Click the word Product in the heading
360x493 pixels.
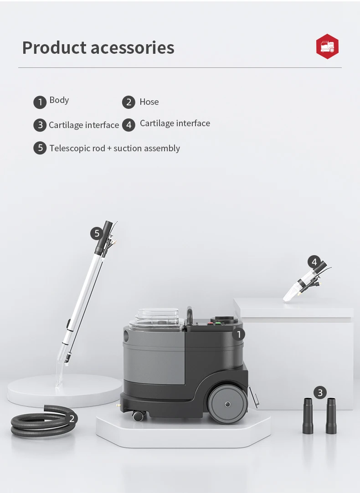point(54,48)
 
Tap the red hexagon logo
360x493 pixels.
point(327,46)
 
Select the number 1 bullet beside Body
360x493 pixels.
point(40,102)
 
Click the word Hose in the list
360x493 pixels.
point(149,102)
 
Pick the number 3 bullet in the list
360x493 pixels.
point(40,125)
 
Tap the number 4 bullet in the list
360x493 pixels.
point(129,125)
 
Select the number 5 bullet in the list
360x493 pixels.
point(40,148)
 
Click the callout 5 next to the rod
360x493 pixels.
point(97,234)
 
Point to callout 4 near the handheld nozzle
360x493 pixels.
point(314,262)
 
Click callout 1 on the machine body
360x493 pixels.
point(238,334)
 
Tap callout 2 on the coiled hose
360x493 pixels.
point(71,418)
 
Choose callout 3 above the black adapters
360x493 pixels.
point(320,392)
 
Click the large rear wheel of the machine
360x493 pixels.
point(227,404)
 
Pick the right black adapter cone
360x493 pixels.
point(331,416)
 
